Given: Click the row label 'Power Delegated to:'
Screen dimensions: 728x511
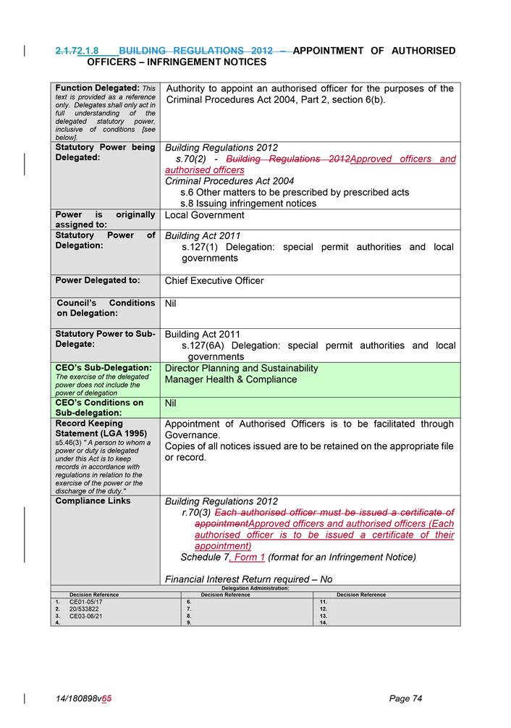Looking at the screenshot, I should tap(98, 280).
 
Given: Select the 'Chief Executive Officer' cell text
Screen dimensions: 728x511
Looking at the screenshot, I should tap(214, 281).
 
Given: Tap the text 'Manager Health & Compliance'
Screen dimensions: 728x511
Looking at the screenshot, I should tap(231, 380).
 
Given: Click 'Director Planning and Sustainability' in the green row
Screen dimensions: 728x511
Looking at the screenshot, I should tap(241, 368).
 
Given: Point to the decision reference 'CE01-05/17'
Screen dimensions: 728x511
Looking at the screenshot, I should tap(86, 602).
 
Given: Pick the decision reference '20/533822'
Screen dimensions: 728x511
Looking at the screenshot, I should tap(84, 609).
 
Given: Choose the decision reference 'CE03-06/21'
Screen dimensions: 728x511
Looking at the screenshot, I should tap(86, 616).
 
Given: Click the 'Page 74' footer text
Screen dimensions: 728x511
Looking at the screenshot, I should tap(405, 699).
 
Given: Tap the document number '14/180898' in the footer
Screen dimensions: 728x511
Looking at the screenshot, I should tap(77, 699).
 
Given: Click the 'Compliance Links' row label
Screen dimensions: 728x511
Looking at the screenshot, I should tap(93, 501).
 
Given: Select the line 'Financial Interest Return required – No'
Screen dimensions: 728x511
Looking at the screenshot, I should tap(248, 579).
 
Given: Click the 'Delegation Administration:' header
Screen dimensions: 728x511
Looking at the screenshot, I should tap(255, 588).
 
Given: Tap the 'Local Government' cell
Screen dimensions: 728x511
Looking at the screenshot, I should tap(205, 215).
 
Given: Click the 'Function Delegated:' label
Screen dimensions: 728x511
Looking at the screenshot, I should tap(98, 88).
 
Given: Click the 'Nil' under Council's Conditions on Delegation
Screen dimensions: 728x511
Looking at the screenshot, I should tap(171, 304).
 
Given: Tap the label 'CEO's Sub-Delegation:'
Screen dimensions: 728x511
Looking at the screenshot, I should tap(104, 368).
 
